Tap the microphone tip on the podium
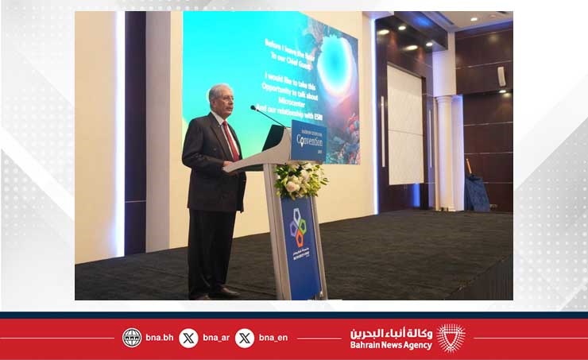point(253,107)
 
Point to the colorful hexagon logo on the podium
point(298,227)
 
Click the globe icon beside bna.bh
point(132,338)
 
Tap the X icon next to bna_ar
point(188,338)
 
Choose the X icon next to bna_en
point(245,338)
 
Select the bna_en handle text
point(273,338)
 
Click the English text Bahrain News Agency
point(391,345)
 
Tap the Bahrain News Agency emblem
point(451,338)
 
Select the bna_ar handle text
point(216,338)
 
